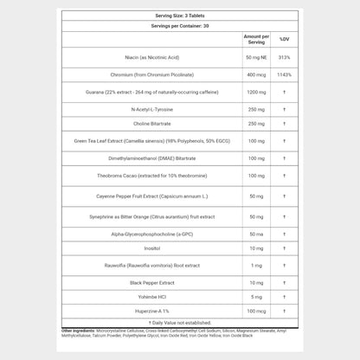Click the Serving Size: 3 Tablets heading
click(x=179, y=16)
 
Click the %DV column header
click(x=284, y=39)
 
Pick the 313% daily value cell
click(x=284, y=58)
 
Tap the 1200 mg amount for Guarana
click(x=255, y=92)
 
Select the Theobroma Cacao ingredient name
click(x=151, y=176)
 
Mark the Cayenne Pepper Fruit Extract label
click(x=151, y=196)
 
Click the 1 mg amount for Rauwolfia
click(x=255, y=265)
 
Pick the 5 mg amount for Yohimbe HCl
click(x=255, y=297)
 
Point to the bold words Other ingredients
click(x=79, y=331)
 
